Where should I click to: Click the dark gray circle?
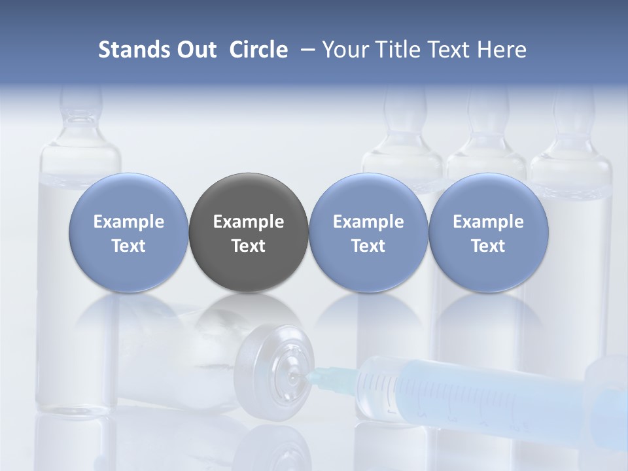point(249,233)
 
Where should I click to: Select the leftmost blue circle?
point(129,233)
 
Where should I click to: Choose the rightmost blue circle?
point(489,233)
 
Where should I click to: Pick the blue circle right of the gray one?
point(368,233)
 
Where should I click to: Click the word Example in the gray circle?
point(249,222)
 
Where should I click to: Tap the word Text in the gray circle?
point(249,246)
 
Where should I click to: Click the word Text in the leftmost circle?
point(129,246)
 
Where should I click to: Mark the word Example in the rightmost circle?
point(489,222)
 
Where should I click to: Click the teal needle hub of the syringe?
point(322,376)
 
